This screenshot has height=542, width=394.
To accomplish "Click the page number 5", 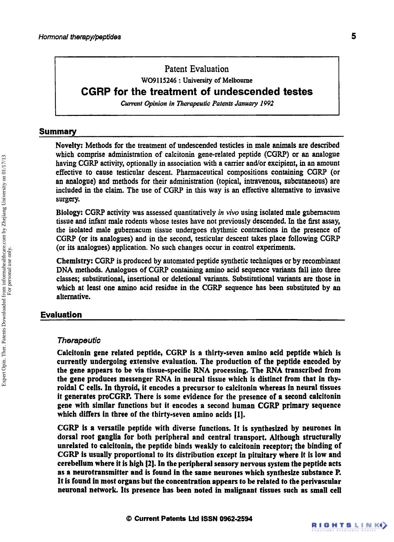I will pos(353,36).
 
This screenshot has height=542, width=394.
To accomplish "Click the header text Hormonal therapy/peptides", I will pos(80,37).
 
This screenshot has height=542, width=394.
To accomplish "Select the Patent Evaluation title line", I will pos(197,69).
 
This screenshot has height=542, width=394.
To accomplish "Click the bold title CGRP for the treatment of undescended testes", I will pos(197,92).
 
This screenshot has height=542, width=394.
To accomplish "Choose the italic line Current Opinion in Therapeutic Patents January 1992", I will pos(197,103).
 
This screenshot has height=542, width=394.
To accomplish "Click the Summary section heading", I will pos(58,132).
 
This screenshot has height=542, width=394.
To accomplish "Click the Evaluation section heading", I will pos(61,315).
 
